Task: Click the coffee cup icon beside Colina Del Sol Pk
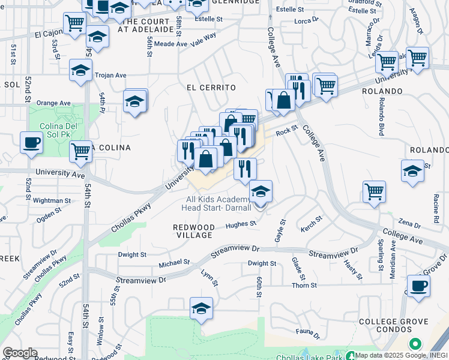point(31,143)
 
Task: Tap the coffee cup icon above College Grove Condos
point(418,286)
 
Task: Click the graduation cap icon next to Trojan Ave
point(80,70)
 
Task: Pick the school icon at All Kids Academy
point(261,192)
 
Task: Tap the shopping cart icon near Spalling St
point(374,192)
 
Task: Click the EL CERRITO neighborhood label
point(211,88)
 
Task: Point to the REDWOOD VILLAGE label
point(194,232)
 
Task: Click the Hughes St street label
point(241,225)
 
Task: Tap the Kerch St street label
point(312,223)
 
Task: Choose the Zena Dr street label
point(409,224)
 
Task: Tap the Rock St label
point(287,133)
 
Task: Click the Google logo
point(20,353)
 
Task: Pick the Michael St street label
point(173,263)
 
